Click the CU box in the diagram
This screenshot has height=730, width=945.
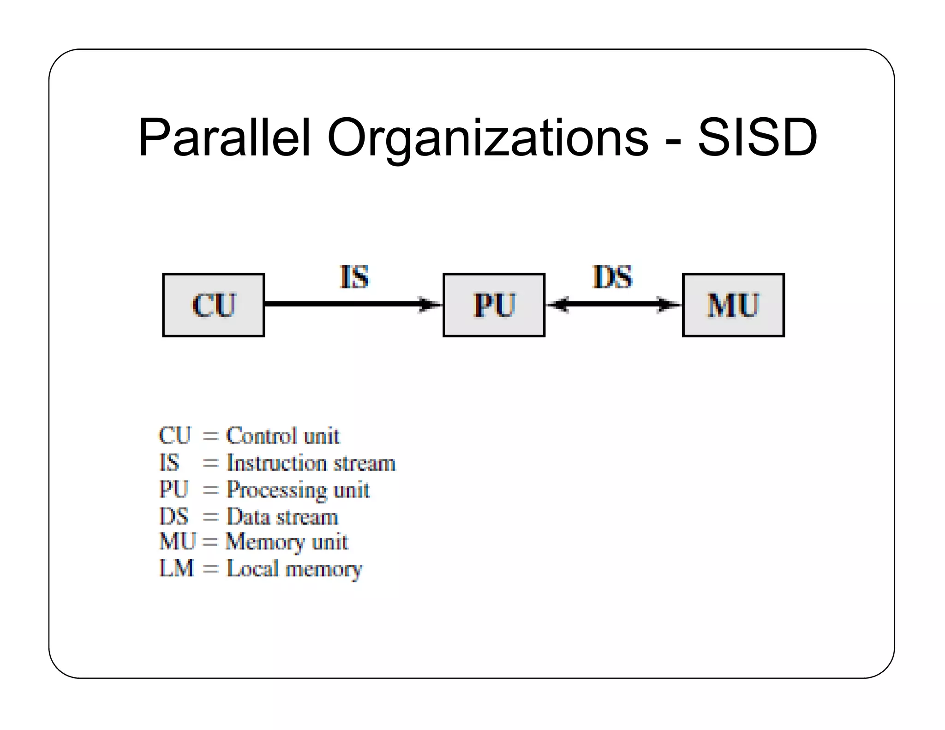pyautogui.click(x=213, y=305)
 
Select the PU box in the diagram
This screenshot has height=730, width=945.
pyautogui.click(x=494, y=305)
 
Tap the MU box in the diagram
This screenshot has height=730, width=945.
pyautogui.click(x=733, y=305)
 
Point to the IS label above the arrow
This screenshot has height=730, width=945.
pyautogui.click(x=354, y=277)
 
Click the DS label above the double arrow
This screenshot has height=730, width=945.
pyautogui.click(x=612, y=277)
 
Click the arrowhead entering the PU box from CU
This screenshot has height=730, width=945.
pyautogui.click(x=429, y=305)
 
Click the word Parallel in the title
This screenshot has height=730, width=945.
pyautogui.click(x=224, y=138)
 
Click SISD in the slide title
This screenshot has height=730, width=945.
pyautogui.click(x=757, y=138)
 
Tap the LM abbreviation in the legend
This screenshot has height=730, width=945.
pyautogui.click(x=176, y=568)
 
